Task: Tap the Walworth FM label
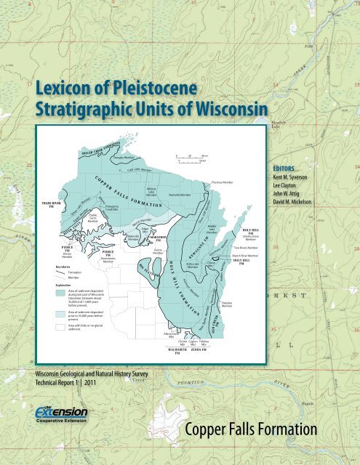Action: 178,351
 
